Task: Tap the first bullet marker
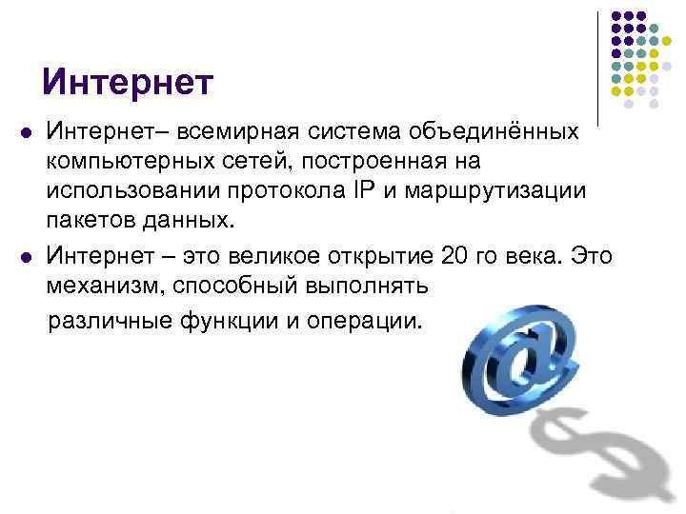(23, 129)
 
